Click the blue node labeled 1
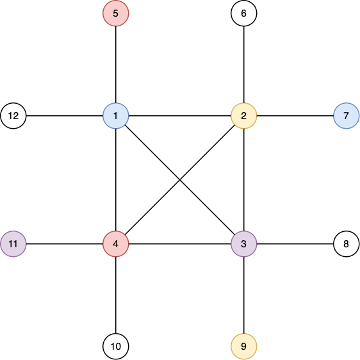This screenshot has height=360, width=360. (x=116, y=116)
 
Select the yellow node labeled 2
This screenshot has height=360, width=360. (x=244, y=116)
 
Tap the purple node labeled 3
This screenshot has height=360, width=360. (x=244, y=244)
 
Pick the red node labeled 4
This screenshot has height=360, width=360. (x=116, y=244)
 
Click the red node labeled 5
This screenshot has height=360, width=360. (x=116, y=13)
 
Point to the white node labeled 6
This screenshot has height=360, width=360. (x=244, y=13)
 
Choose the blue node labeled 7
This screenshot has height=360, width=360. (x=346, y=116)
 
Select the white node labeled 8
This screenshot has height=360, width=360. (x=346, y=244)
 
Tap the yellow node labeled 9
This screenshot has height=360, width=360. (x=244, y=346)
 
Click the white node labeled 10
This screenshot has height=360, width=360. (x=116, y=346)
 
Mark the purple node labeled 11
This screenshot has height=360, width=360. (x=13, y=244)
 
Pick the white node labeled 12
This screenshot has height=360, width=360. (x=13, y=116)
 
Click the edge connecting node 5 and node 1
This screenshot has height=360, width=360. (x=116, y=65)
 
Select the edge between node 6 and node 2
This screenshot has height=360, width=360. (x=244, y=65)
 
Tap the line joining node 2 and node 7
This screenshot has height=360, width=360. (x=295, y=116)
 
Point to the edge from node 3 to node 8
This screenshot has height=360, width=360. (x=295, y=244)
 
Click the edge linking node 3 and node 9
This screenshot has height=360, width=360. (x=244, y=295)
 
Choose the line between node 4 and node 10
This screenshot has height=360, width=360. (x=116, y=295)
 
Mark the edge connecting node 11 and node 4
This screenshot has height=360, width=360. (x=65, y=244)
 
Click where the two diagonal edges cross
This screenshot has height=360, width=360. (x=180, y=180)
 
